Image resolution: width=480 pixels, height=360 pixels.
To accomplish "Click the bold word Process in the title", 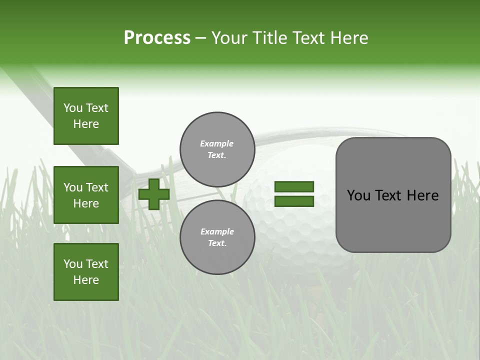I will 157,38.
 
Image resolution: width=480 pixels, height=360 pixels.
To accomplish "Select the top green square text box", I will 86,116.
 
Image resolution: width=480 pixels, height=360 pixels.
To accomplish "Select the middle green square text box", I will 86,195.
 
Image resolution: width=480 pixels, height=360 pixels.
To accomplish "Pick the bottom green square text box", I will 86,272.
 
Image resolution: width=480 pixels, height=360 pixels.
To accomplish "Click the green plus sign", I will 154,194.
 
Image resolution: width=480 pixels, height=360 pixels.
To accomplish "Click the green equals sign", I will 294,194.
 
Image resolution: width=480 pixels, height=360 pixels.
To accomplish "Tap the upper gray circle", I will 217,149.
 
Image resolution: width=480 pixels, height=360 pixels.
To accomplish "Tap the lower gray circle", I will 217,237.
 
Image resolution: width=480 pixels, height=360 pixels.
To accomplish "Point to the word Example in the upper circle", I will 216,143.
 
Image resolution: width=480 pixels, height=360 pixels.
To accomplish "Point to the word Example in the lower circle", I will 217,231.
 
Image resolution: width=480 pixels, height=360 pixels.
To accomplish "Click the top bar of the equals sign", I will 294,186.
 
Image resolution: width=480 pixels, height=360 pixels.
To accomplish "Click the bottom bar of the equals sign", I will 294,201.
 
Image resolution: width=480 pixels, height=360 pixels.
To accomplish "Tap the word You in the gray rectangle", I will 358,195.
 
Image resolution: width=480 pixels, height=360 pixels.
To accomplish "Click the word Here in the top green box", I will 86,124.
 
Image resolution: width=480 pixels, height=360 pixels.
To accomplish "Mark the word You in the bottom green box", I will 73,264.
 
